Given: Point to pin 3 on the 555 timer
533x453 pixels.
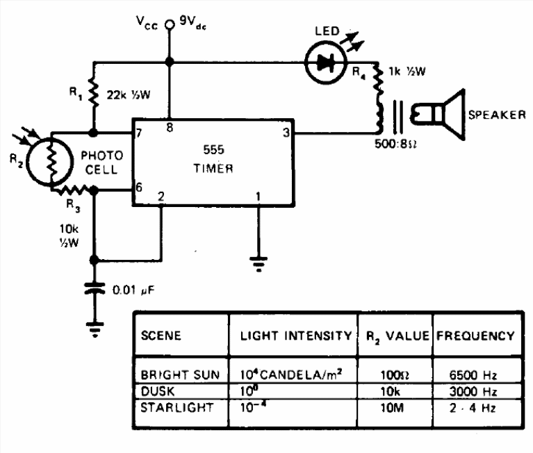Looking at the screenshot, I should coord(286,132).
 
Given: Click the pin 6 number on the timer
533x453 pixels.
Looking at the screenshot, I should coord(140,188).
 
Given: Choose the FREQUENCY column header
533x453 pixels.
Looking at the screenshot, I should coord(475,336).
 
